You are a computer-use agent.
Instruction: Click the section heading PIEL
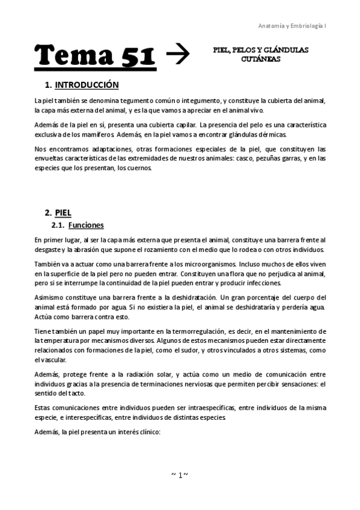[x=63, y=212]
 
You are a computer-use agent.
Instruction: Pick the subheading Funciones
[x=86, y=226]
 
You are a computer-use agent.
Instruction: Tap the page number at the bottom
[x=180, y=475]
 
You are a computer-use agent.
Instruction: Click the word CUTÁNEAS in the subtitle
[x=260, y=60]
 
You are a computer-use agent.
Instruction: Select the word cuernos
[x=139, y=168]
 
